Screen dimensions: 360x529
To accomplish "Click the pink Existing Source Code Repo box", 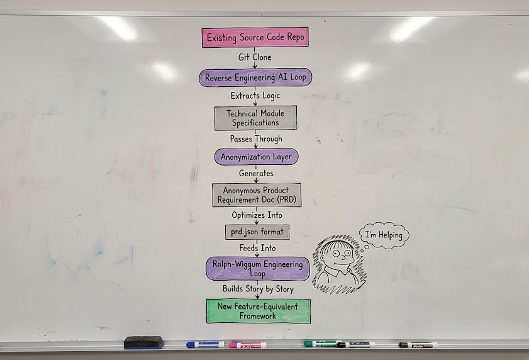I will point(255,38).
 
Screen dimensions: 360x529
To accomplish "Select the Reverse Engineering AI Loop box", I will point(255,77).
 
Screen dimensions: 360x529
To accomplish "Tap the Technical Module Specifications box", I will point(255,118).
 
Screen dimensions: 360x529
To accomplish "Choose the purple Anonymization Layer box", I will point(255,156).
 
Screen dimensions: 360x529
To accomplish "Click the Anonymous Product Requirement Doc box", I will point(256,195).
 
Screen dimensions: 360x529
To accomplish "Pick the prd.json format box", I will point(257,232).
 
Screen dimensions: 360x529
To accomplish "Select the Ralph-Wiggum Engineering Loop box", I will point(258,268).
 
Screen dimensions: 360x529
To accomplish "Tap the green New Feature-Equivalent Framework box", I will point(258,311).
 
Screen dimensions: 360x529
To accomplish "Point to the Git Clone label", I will point(255,57).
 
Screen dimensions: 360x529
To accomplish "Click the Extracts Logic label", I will point(255,96).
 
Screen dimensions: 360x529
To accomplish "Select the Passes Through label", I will point(256,138).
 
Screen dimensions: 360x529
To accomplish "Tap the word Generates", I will point(256,173).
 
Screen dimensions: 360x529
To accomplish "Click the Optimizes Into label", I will point(257,215).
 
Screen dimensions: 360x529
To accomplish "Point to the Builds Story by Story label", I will point(257,289).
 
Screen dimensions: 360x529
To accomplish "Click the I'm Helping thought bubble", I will point(384,235).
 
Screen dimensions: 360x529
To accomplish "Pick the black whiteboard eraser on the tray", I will point(143,342).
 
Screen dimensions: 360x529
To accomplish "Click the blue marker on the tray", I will point(205,344).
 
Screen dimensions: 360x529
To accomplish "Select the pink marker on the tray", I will point(247,345).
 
